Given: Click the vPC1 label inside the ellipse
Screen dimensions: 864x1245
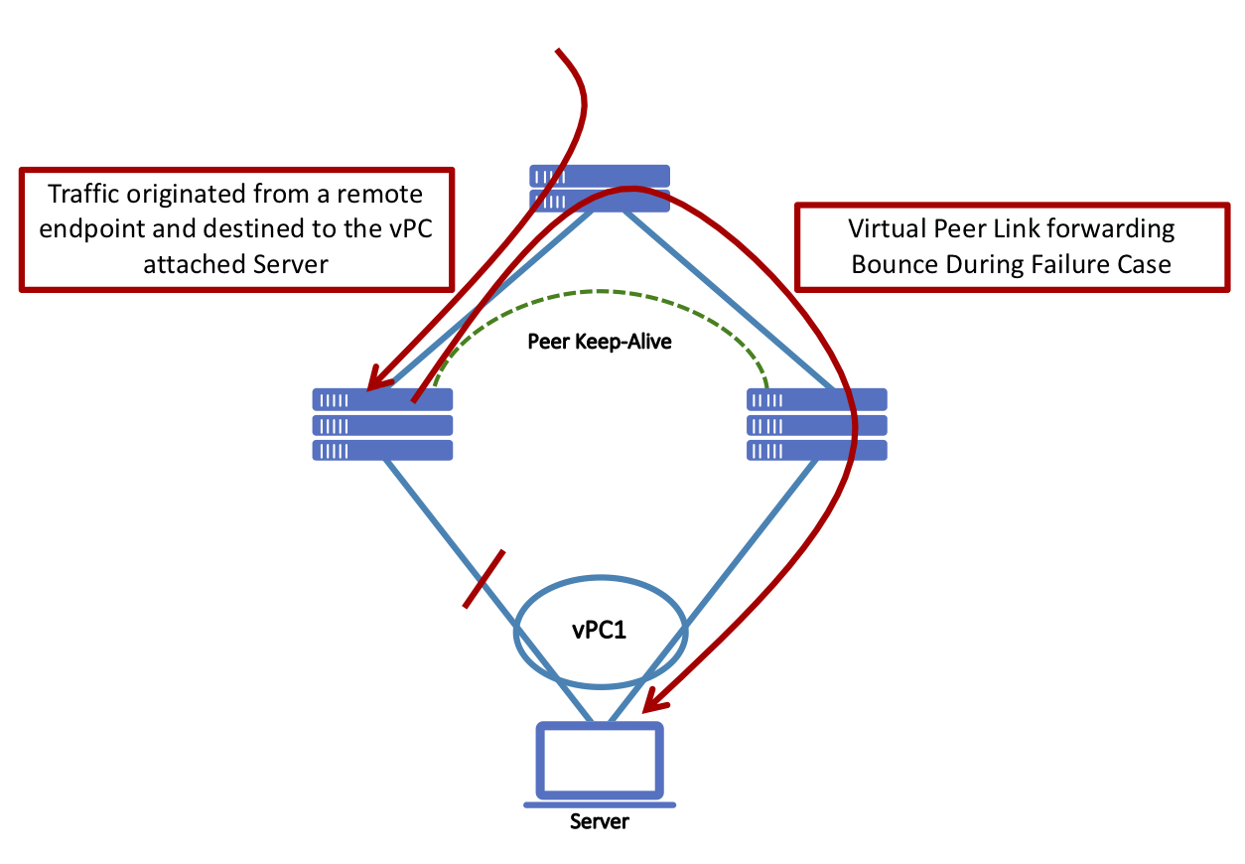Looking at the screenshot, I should point(599,632).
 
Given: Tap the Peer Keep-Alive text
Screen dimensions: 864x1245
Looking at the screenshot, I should point(599,343).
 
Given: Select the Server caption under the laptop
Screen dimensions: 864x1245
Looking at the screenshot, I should point(599,822).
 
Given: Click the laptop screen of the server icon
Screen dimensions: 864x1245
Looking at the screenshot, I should point(599,760).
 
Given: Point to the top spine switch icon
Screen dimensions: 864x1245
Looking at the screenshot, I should point(599,188).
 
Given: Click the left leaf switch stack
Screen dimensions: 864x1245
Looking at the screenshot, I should point(382,425).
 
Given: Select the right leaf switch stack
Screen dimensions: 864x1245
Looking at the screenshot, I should point(816,425).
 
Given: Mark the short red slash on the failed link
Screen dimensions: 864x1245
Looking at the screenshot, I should point(484,578).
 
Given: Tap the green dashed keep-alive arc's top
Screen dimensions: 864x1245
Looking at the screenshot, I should point(599,291).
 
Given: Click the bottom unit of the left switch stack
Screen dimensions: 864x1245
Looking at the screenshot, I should point(382,450).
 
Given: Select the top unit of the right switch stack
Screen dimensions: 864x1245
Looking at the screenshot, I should point(816,399).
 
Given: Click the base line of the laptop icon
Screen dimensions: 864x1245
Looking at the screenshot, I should point(599,804).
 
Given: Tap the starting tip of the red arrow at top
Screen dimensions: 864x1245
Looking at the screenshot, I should point(559,50).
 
